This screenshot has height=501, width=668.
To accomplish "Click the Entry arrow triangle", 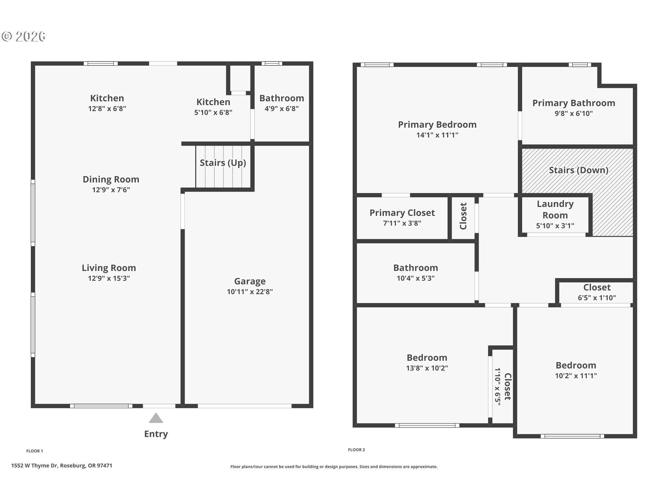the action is (x=156, y=418).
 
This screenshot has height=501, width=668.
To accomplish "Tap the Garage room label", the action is (x=250, y=281).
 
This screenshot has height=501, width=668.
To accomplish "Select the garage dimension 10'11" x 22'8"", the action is (x=250, y=292).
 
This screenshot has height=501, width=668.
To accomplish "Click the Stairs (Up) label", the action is (x=223, y=163).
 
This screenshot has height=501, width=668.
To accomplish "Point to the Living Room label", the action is (x=109, y=268).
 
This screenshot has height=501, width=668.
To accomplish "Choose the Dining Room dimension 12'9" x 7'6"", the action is (x=111, y=190).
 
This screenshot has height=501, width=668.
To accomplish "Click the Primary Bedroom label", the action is (x=437, y=125).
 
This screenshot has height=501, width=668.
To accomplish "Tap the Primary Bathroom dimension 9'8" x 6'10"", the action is (x=574, y=113).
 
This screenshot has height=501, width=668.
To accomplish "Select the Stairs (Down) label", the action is (x=579, y=170).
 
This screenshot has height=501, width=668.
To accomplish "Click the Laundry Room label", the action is (x=555, y=209).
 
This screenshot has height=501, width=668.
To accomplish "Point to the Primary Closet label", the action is (x=402, y=213).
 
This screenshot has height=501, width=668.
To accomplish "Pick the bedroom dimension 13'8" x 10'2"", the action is (x=427, y=368).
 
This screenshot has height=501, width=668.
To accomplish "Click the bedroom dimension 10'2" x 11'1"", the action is (x=576, y=376).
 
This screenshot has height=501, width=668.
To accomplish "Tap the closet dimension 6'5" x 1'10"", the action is (x=597, y=298).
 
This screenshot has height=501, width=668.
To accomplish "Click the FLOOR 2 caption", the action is (x=357, y=450).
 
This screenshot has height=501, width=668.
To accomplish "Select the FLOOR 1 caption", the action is (x=35, y=451).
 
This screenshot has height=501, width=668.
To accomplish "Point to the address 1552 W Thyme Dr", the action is (x=34, y=466).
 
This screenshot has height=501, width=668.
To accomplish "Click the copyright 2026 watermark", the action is (x=24, y=36).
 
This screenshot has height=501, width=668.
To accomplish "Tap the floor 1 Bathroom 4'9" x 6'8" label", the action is (x=282, y=103).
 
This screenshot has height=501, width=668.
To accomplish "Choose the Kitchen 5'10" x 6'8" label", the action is (x=213, y=107).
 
